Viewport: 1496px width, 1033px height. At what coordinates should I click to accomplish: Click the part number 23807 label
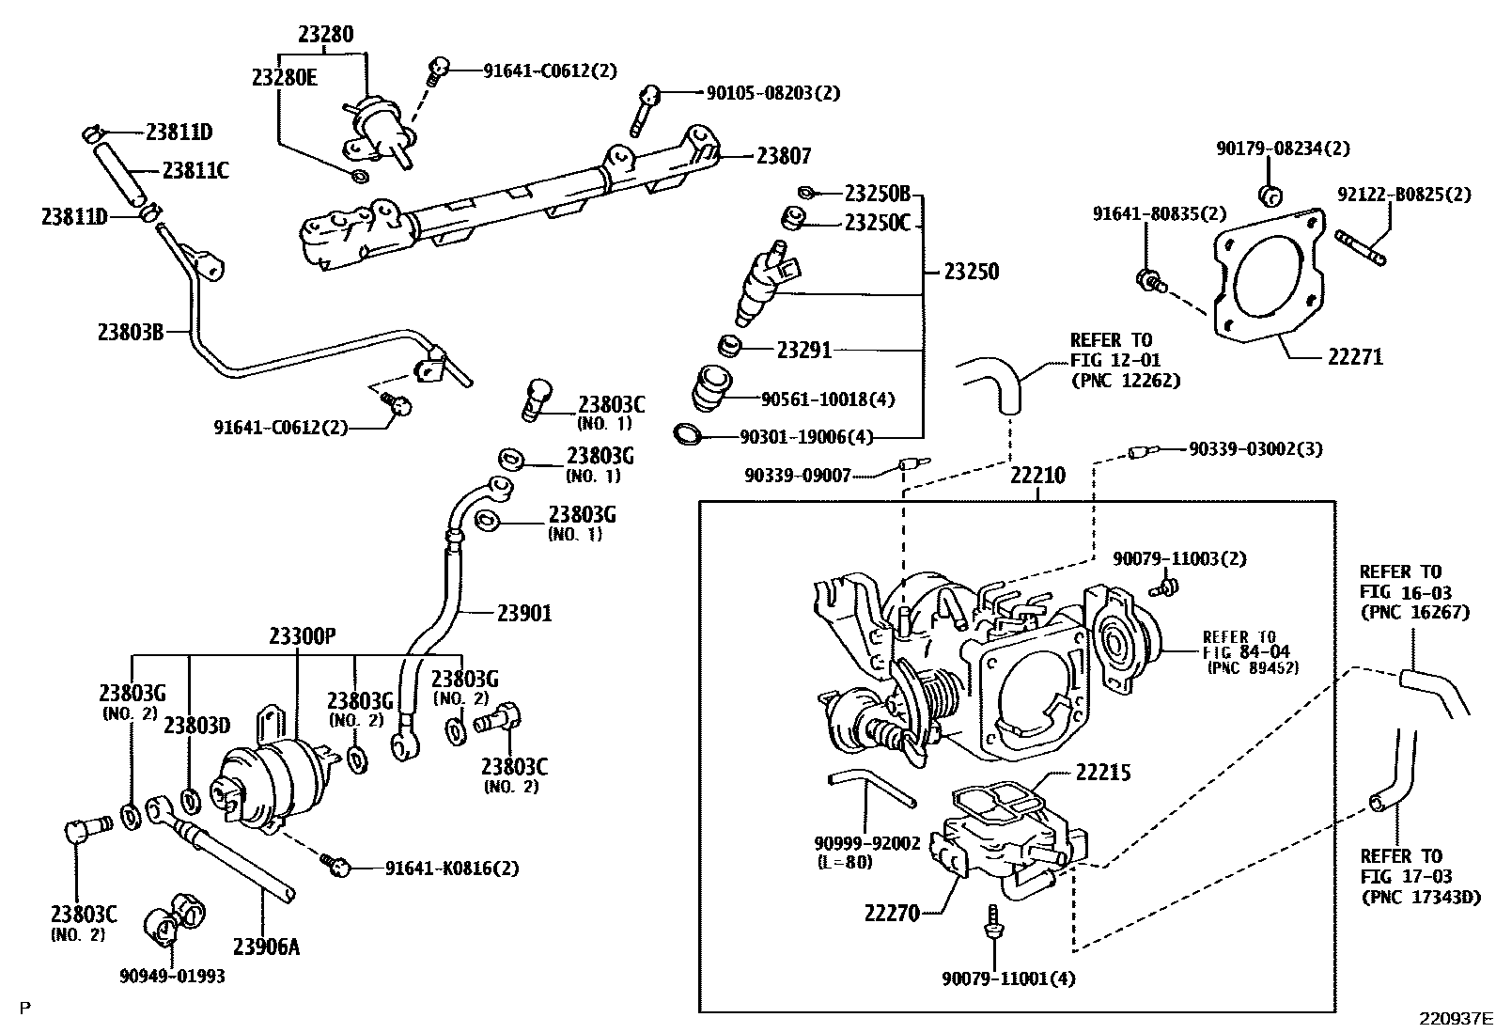(x=784, y=156)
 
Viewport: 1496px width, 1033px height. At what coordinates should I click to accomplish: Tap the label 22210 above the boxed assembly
(x=1037, y=477)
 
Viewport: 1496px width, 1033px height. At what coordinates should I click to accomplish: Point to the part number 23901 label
(x=524, y=614)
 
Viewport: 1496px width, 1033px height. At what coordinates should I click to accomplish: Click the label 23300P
(x=302, y=636)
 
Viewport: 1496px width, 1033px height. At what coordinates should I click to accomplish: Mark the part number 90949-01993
(x=173, y=976)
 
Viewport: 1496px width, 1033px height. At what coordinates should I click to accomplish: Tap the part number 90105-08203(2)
(x=773, y=93)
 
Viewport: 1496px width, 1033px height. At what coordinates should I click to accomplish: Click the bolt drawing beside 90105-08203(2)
(x=646, y=106)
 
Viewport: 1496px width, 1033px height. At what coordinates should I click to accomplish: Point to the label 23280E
(x=284, y=77)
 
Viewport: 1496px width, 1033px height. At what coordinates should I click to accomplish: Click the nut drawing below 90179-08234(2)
(x=1270, y=196)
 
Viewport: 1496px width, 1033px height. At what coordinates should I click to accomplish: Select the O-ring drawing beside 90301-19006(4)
(x=689, y=434)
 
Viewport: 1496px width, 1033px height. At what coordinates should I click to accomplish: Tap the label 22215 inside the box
(x=1102, y=773)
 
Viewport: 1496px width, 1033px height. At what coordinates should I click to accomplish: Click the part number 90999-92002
(x=866, y=843)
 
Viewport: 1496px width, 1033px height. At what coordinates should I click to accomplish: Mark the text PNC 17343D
(x=1420, y=898)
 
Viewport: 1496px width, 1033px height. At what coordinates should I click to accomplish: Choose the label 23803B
(x=131, y=332)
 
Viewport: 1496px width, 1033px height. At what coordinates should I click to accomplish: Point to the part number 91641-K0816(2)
(x=451, y=869)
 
